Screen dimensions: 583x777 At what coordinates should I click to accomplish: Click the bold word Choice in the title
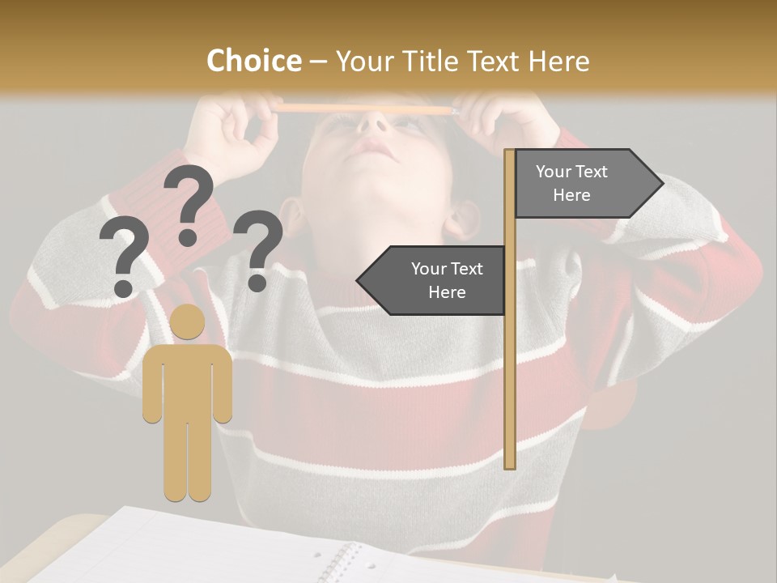click(x=253, y=62)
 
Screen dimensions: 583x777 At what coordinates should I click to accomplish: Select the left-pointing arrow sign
click(x=433, y=280)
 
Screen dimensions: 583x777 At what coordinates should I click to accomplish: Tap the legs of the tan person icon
click(x=188, y=462)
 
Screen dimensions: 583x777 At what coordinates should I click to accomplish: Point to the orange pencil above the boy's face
click(x=364, y=109)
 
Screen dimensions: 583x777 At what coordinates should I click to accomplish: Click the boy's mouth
click(x=375, y=147)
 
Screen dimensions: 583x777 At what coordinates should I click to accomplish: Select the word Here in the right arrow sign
click(x=571, y=195)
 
